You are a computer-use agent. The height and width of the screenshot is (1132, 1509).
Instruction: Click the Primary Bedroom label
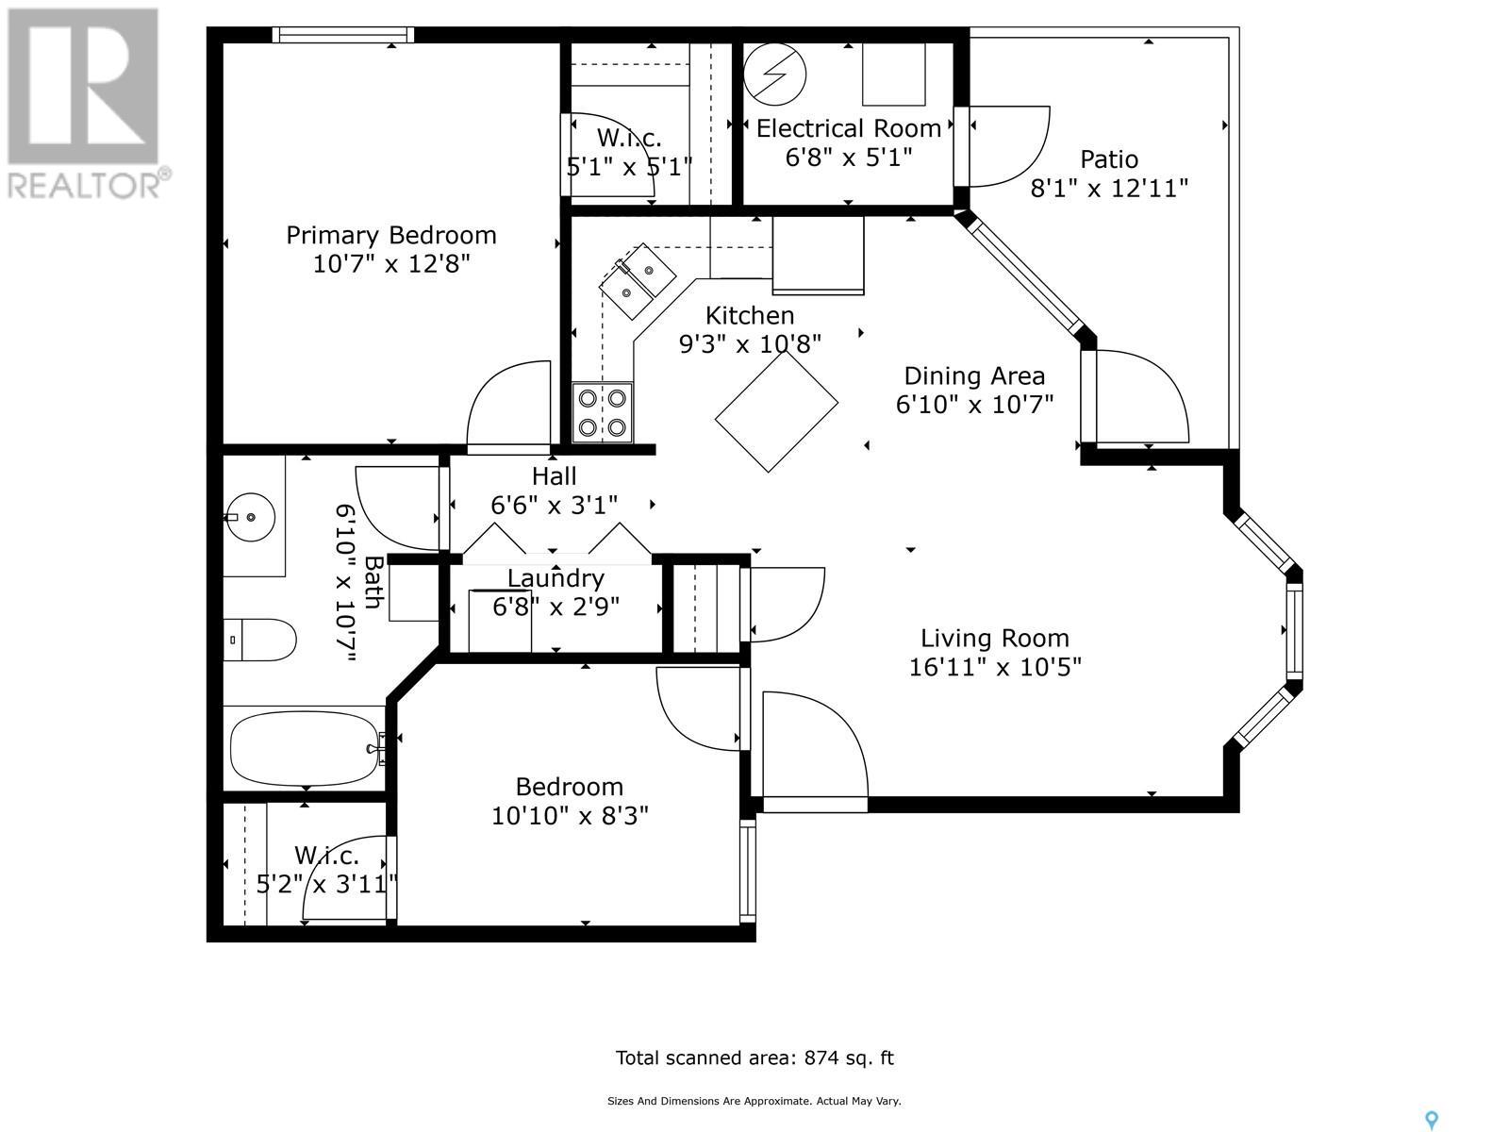coord(391,236)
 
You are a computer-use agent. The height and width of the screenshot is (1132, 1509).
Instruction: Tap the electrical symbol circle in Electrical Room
coord(775,75)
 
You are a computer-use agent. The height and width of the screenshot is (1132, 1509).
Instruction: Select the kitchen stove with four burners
coord(603,412)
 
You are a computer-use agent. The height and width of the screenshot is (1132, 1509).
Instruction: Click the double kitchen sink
coord(638,280)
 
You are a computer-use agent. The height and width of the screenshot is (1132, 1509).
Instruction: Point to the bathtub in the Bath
coord(306,748)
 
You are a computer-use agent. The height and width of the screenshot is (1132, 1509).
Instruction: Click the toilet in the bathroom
coord(259,640)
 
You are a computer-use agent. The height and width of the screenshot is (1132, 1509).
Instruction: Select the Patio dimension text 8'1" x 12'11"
coord(1109,188)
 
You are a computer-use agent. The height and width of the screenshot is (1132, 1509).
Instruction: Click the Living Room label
coord(995,639)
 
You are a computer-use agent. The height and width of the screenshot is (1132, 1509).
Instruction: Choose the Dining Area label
coord(974,376)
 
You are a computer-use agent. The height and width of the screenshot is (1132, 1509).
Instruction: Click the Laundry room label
coord(556,578)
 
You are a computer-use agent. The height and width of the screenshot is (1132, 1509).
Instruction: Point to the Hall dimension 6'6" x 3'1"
coord(555,506)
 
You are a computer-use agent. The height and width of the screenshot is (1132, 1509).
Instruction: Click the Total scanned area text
coord(754,1057)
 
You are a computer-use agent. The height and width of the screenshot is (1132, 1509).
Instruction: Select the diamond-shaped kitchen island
coord(776,411)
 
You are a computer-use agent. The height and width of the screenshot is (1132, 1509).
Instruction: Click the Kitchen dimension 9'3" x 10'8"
coord(750,343)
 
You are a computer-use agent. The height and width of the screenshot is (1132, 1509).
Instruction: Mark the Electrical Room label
coord(848,128)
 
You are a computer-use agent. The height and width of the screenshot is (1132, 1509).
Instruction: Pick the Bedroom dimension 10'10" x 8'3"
coord(570,816)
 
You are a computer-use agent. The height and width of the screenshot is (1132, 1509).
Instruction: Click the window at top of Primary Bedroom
coord(343,35)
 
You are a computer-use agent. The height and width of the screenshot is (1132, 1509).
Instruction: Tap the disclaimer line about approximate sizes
coord(754,1101)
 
